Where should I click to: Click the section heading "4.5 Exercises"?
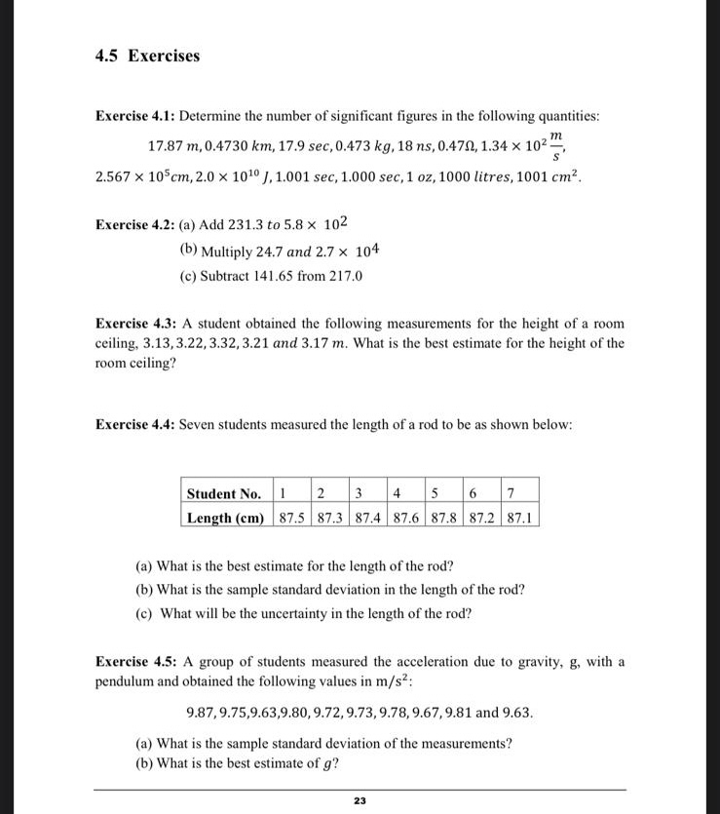coord(147,56)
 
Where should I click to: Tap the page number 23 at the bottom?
coord(360,800)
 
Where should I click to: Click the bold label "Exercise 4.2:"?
coord(135,224)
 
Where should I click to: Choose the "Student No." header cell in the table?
coord(223,493)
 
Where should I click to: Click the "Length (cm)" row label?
coord(225,518)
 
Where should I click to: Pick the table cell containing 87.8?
coord(445,518)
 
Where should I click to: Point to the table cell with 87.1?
coord(519,518)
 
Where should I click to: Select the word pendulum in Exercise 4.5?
coord(127,680)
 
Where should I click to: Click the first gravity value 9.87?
coord(201,712)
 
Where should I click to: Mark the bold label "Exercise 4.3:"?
coord(135,323)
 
